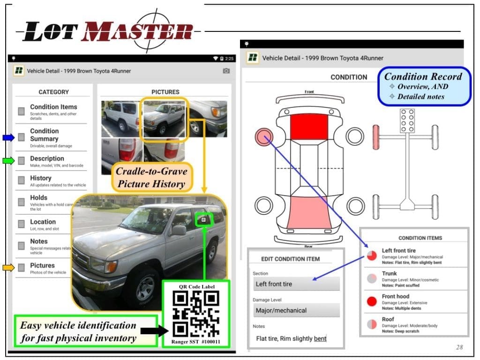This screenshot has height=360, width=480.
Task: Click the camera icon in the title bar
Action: coord(226,71)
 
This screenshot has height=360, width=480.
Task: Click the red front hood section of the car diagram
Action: coord(309,126)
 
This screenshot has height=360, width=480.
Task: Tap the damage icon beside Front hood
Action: coord(371,300)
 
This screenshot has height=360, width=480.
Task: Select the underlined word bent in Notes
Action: coord(320,338)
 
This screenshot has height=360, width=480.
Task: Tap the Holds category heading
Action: coord(38,198)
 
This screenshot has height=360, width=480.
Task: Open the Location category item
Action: coord(43,222)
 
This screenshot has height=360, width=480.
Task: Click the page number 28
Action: coord(459,347)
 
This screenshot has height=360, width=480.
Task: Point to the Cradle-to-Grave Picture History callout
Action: coord(151,177)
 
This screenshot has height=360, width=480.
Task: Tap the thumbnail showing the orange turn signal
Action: coord(209,118)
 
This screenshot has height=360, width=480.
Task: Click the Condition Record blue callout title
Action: coord(423,76)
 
